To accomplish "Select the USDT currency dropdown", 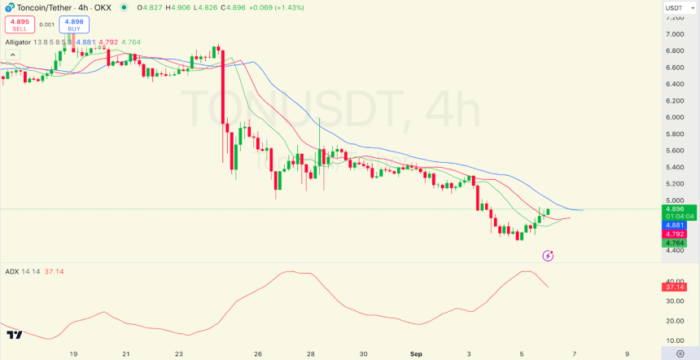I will [x=678, y=8].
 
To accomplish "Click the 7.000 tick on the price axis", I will [x=674, y=34].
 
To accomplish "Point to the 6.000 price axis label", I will [x=674, y=117].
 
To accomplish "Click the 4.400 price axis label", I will [x=674, y=250].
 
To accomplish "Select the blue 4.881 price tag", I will [x=675, y=225].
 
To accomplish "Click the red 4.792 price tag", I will [x=675, y=234].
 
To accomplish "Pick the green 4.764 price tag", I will [x=675, y=243].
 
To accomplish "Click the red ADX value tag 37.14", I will [x=675, y=287].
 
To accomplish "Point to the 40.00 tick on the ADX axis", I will [x=674, y=281].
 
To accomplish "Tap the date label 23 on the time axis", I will [x=178, y=354].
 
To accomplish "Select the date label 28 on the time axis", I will [x=310, y=354].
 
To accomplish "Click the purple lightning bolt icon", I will [x=548, y=256].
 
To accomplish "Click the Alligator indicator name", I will [x=18, y=42].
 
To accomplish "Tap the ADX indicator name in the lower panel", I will [x=12, y=271].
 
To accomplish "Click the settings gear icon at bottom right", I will [x=680, y=353].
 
